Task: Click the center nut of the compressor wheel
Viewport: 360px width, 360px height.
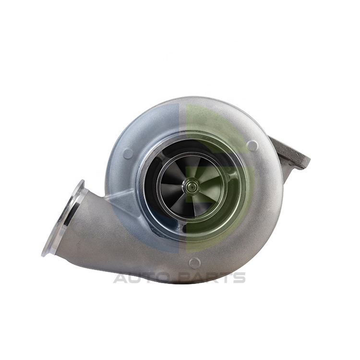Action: (192, 186)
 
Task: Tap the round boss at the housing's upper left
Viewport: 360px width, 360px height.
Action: (128, 154)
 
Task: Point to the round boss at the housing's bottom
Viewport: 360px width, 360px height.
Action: (195, 262)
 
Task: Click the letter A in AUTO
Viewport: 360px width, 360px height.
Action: (121, 277)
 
